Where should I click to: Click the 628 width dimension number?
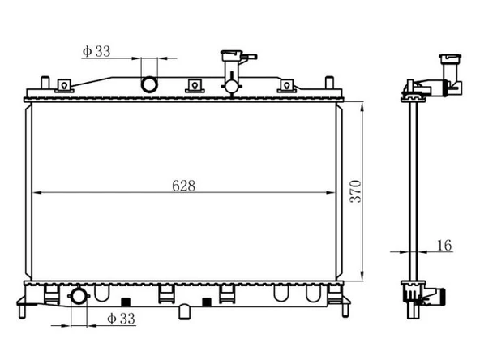pyautogui.click(x=183, y=185)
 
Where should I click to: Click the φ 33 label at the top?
pyautogui.click(x=96, y=51)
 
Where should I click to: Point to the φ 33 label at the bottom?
pyautogui.click(x=121, y=319)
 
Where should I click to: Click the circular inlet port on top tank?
pyautogui.click(x=150, y=84)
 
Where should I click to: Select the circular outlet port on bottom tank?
pyautogui.click(x=79, y=296)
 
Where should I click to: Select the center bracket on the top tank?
pyautogui.click(x=194, y=86)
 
